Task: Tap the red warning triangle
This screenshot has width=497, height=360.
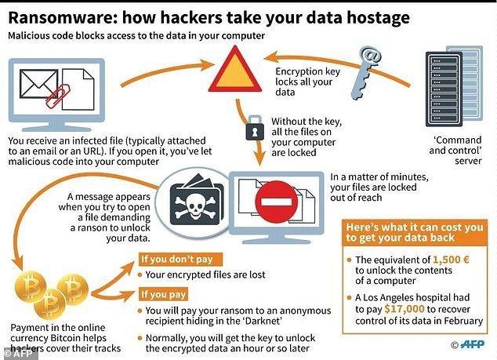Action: [235, 71]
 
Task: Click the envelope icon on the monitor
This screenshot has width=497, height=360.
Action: [38, 84]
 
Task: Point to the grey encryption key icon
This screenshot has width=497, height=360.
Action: [366, 72]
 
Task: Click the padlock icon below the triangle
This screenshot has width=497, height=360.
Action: [255, 128]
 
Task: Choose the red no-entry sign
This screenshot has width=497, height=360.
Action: [277, 202]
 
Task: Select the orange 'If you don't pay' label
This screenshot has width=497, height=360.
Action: [180, 259]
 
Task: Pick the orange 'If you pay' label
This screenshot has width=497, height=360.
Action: [163, 294]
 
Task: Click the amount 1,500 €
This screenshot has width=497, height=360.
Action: [451, 260]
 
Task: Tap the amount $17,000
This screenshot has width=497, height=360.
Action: [404, 308]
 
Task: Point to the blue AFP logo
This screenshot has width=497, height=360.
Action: [472, 344]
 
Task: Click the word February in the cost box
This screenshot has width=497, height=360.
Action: [463, 321]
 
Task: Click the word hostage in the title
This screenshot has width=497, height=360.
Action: [378, 18]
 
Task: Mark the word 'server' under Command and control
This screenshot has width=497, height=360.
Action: [468, 161]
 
